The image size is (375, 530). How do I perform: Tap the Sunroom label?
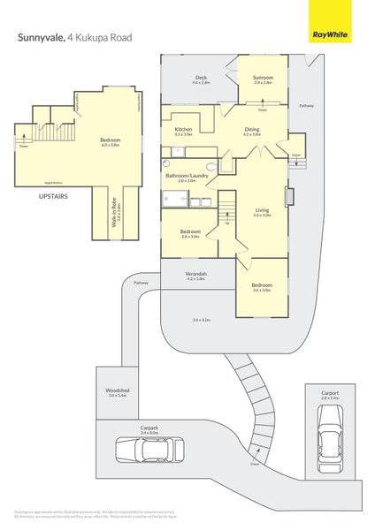(x=264, y=78)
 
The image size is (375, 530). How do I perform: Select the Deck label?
(x=202, y=78)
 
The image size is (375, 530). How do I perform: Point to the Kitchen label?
(x=183, y=130)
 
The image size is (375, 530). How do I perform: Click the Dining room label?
(x=251, y=130)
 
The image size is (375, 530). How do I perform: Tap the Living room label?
(x=262, y=208)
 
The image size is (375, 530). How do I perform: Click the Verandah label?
(x=196, y=274)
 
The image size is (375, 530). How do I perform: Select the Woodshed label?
(x=118, y=390)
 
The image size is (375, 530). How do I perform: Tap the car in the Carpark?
(x=149, y=449)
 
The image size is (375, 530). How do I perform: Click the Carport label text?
(x=330, y=394)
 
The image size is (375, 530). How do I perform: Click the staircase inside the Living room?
(x=227, y=208)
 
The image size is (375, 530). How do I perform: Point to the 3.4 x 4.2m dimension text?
(x=202, y=320)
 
